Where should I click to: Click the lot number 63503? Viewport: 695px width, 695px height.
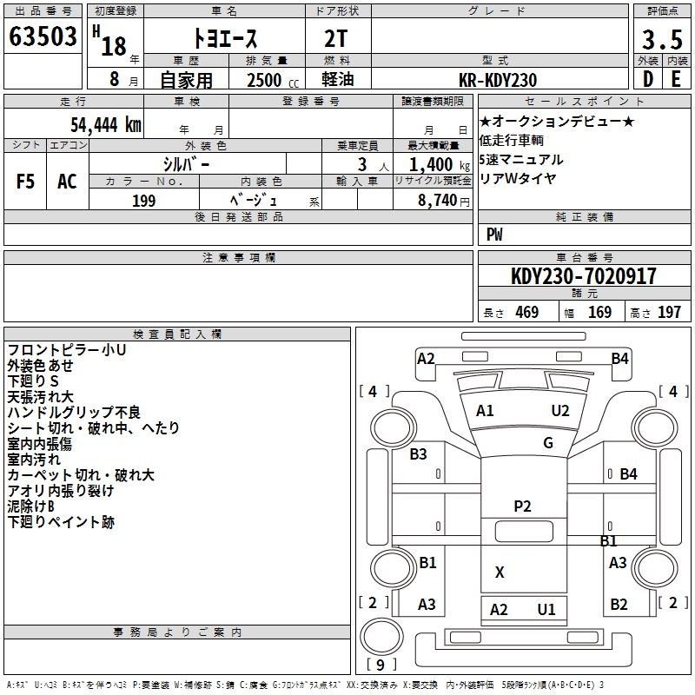point(43,36)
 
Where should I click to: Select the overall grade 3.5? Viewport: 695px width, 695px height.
point(662,39)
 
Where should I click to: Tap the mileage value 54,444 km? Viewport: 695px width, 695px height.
point(106,125)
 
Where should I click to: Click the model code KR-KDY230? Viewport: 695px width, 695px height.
point(498,80)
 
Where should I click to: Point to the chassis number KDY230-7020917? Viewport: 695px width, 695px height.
point(583,276)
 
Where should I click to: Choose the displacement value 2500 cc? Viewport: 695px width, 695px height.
point(273,80)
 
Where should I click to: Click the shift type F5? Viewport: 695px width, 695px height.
point(25,182)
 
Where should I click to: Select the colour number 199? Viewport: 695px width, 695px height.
point(144,201)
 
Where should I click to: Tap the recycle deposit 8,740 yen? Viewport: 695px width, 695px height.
point(444,201)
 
